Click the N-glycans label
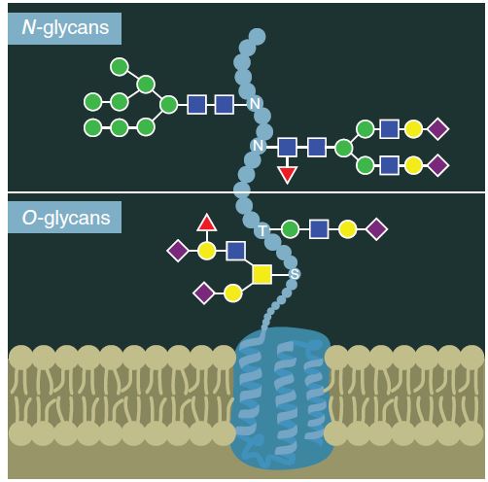pyautogui.click(x=65, y=28)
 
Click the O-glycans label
pyautogui.click(x=66, y=218)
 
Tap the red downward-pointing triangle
pyautogui.click(x=287, y=175)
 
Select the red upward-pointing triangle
pyautogui.click(x=207, y=223)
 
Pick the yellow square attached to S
pyautogui.click(x=261, y=275)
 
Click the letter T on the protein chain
pyautogui.click(x=262, y=230)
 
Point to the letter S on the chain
pyautogui.click(x=295, y=274)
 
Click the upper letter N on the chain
pyautogui.click(x=255, y=104)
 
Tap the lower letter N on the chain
pyautogui.click(x=259, y=146)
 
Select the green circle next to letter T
pyautogui.click(x=290, y=229)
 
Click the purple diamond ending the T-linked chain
pyautogui.click(x=377, y=229)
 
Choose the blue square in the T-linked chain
pyautogui.click(x=319, y=229)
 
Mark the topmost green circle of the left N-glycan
pyautogui.click(x=120, y=67)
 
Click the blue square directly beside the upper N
pyautogui.click(x=224, y=105)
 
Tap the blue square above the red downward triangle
pyautogui.click(x=287, y=147)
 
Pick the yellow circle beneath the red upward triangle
pyautogui.click(x=207, y=251)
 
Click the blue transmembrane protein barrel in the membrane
pyautogui.click(x=280, y=398)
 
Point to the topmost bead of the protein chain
pyautogui.click(x=258, y=36)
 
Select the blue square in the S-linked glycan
pyautogui.click(x=235, y=251)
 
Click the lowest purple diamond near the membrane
pyautogui.click(x=204, y=293)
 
